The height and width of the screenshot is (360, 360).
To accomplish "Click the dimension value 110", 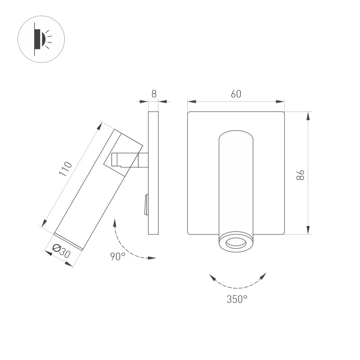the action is pyautogui.click(x=66, y=169).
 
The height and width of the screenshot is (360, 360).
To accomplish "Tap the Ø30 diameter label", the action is pyautogui.click(x=61, y=251).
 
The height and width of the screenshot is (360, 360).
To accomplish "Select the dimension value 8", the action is pyautogui.click(x=154, y=94).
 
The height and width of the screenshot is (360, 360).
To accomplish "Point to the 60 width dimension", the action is pyautogui.click(x=236, y=94).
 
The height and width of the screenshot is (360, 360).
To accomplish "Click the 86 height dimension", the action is pyautogui.click(x=300, y=175).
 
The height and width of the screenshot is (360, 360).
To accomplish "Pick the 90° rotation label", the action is pyautogui.click(x=118, y=256).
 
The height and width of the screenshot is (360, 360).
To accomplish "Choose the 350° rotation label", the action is pyautogui.click(x=237, y=299).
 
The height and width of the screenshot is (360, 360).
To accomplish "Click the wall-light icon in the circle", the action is pyautogui.click(x=41, y=39).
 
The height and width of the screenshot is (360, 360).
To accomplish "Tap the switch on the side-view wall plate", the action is pyautogui.click(x=146, y=205).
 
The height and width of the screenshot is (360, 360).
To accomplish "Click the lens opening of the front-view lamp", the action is pyautogui.click(x=236, y=243).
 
